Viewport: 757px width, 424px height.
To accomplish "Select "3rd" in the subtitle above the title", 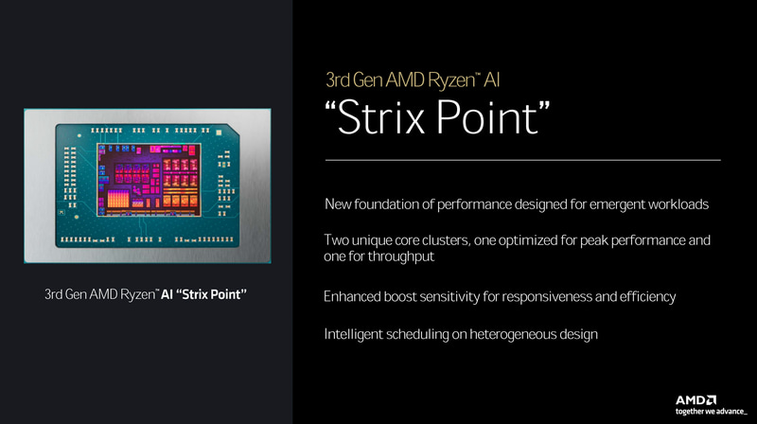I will (x=339, y=79).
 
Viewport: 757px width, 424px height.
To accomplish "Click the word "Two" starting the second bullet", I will (x=338, y=241).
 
